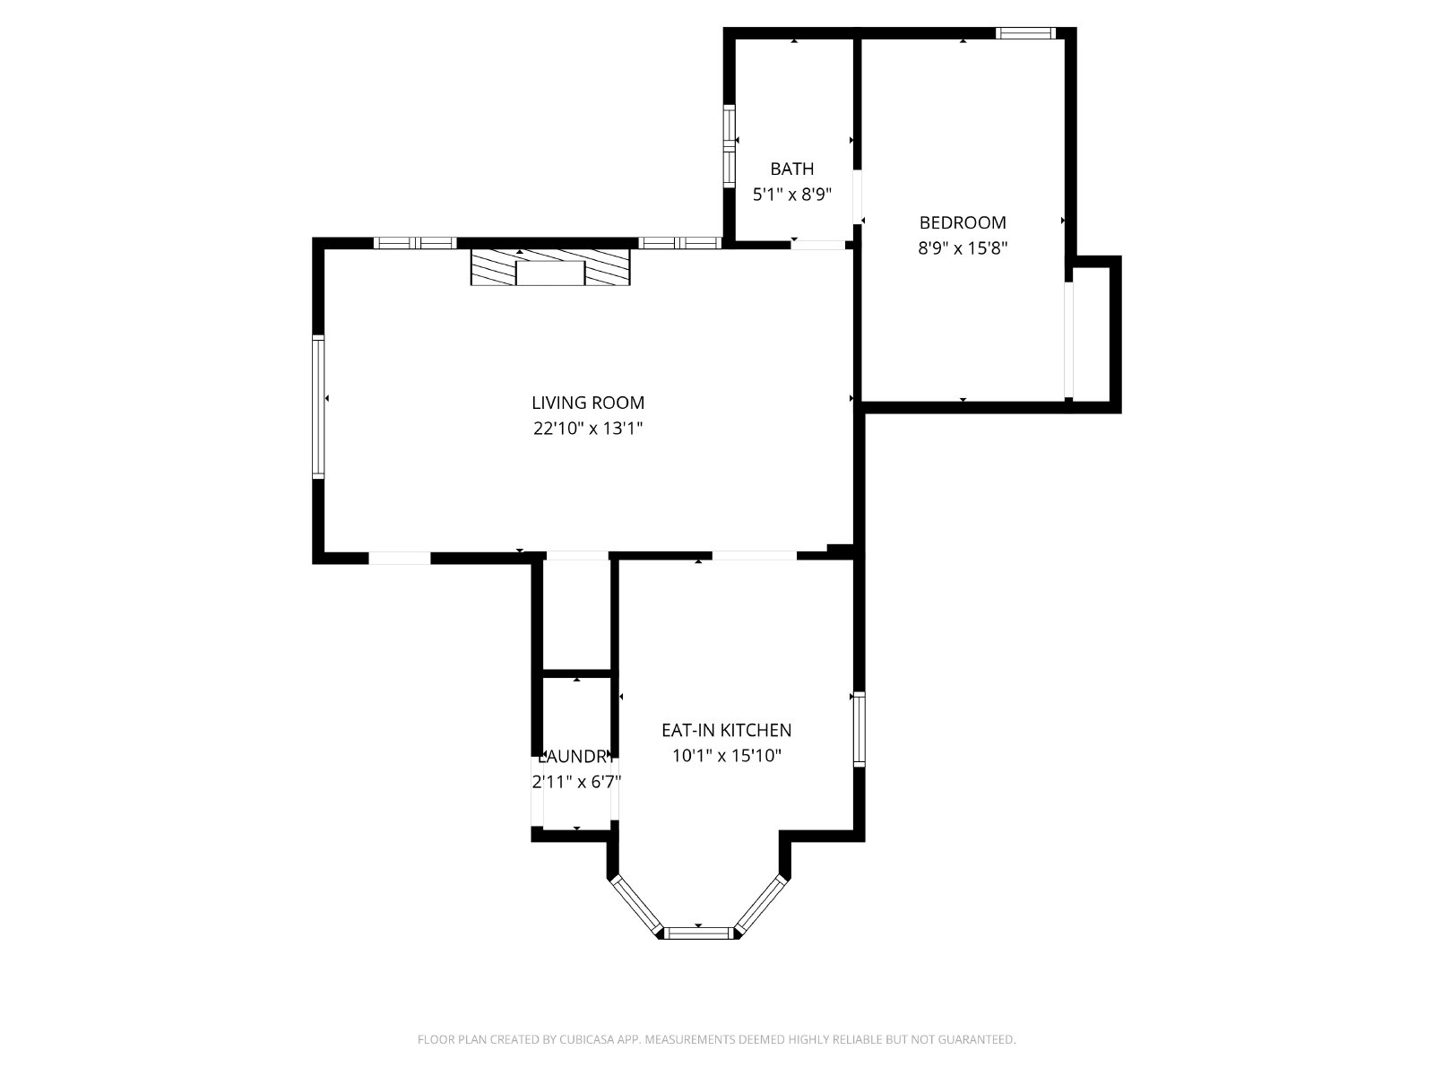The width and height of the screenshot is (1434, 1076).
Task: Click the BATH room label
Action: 791,169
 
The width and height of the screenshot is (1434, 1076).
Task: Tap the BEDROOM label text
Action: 963,222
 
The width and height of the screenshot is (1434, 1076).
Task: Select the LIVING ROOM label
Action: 588,403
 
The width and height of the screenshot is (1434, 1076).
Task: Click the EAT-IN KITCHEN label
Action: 727,730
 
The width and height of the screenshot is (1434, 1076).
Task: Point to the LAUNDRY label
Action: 575,757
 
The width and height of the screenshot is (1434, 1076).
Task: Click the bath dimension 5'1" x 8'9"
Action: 791,194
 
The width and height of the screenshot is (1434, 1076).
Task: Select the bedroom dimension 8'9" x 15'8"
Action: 963,248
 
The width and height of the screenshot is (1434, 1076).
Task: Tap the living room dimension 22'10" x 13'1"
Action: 588,429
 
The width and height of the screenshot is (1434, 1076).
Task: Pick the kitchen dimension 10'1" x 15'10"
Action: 727,755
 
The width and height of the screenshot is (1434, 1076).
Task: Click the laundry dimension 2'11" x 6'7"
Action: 576,781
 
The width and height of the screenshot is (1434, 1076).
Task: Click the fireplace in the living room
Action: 550,266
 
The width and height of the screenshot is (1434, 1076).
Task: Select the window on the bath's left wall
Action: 729,145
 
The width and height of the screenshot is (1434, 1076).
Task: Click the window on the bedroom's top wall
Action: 1025,33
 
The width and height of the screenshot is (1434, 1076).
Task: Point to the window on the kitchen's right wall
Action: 860,729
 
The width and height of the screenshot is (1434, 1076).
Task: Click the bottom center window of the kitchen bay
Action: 699,933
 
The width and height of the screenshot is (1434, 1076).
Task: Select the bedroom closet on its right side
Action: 1092,334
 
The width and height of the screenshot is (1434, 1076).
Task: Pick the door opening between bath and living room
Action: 818,245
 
